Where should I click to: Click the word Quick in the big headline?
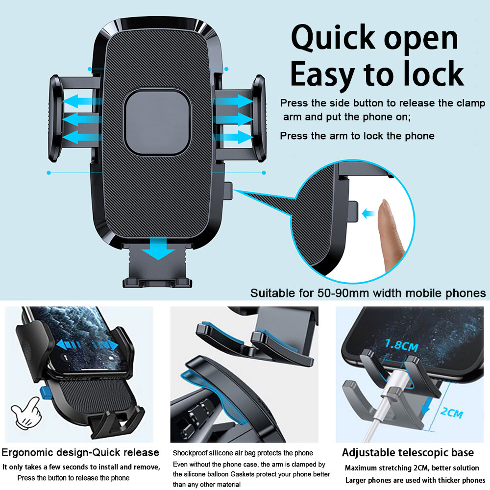pos(333,38)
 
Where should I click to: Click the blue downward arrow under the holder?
pos(158,248)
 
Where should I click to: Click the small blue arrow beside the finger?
pos(368,214)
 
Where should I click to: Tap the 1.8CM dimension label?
pos(402,345)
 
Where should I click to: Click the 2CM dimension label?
pos(452,413)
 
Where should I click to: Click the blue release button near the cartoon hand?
pos(45,392)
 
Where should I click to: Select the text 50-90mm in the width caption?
pos(343,293)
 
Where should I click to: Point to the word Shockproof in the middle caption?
pos(190,453)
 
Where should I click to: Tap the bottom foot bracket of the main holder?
pos(157,266)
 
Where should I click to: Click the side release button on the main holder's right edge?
pos(228,191)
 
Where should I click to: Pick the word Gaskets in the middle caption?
pos(243,474)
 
